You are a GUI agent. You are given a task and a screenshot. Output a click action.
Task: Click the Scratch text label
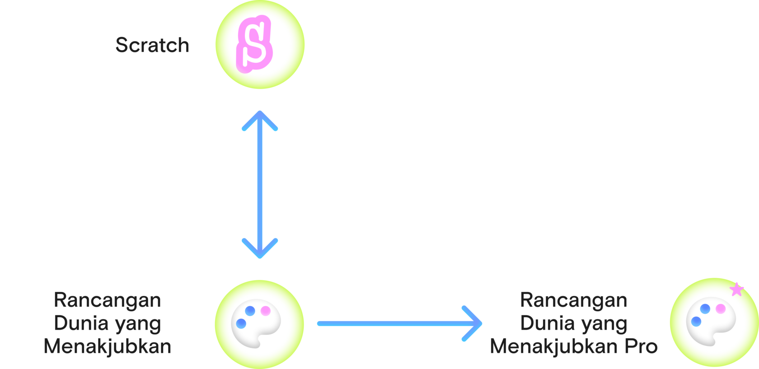[x=152, y=45]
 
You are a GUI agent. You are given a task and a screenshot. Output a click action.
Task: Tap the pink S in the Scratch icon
[x=254, y=44]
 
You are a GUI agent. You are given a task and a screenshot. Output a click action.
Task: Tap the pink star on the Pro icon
[x=736, y=289]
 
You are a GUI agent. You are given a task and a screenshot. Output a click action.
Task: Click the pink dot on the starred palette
[x=720, y=308]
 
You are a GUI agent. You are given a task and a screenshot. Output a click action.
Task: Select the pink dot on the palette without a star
[x=265, y=311]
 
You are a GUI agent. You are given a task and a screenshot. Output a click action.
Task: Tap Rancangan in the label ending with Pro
[x=574, y=300]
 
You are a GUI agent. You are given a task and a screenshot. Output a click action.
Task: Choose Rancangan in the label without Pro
[x=108, y=300]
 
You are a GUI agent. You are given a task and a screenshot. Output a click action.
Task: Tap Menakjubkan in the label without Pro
[x=108, y=347]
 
